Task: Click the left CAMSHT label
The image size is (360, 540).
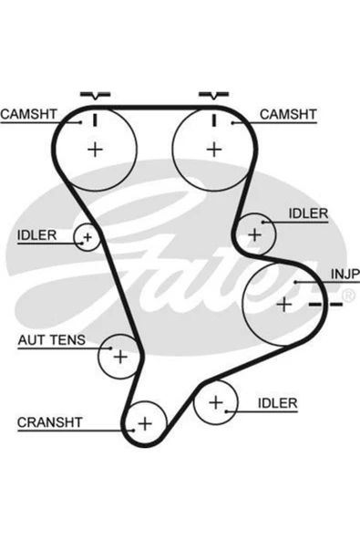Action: (28, 114)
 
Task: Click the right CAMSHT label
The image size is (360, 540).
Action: (288, 114)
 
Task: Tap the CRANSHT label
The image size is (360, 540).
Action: (49, 422)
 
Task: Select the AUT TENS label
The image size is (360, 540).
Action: (52, 340)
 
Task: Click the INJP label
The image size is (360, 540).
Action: (345, 275)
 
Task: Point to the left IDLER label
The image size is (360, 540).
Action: (36, 235)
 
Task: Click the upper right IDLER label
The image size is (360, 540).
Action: (308, 213)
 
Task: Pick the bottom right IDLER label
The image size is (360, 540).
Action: (277, 403)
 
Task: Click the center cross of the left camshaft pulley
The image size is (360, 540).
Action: (95, 150)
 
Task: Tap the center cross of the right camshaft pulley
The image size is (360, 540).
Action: (214, 150)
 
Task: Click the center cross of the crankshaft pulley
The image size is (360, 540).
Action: (145, 423)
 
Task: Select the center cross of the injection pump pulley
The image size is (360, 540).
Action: (284, 305)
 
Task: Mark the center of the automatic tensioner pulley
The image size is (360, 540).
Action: (120, 357)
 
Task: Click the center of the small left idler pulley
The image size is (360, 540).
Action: (87, 237)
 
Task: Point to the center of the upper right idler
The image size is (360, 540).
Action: (254, 235)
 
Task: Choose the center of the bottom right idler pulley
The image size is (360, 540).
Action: (216, 402)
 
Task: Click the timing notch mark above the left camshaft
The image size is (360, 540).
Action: (96, 95)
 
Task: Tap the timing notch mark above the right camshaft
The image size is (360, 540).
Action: (214, 95)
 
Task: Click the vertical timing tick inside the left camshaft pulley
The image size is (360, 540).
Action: (96, 119)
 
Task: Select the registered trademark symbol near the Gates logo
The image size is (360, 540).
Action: (348, 296)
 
